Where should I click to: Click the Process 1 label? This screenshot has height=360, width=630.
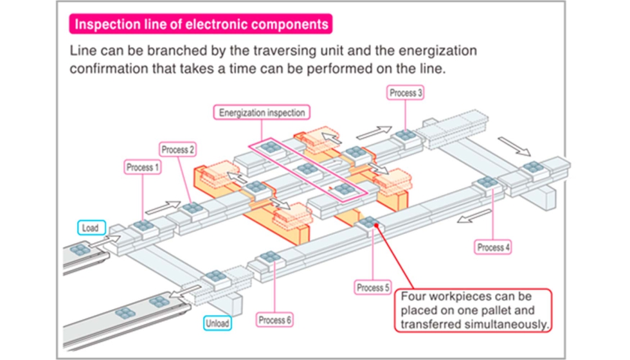click(x=139, y=168)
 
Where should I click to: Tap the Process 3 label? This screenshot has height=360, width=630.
click(x=406, y=93)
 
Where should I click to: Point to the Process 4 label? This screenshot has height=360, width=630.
click(x=494, y=247)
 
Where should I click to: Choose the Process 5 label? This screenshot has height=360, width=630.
click(x=373, y=287)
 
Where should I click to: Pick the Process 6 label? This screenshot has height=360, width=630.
click(x=275, y=319)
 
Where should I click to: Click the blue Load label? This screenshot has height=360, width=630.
click(x=90, y=228)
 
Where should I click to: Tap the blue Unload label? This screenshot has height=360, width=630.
click(x=219, y=323)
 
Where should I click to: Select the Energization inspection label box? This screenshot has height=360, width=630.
click(x=262, y=113)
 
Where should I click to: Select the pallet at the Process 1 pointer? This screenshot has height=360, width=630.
click(x=143, y=226)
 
